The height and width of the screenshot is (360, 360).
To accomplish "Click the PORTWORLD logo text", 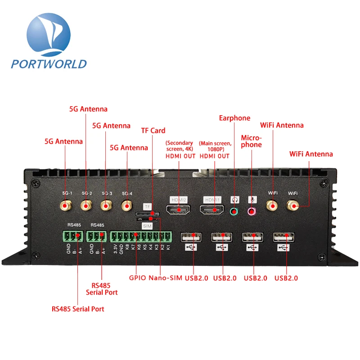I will coord(49,63).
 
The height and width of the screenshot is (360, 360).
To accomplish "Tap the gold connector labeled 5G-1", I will coord(66,206).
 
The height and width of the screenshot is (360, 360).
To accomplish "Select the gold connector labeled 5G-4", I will coord(127,206).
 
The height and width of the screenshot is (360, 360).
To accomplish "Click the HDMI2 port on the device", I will coord(178,209).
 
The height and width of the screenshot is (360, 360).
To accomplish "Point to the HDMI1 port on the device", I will coord(212,209).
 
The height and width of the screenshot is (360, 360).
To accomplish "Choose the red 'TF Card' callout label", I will coord(153,130).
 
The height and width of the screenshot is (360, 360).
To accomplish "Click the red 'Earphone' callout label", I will coord(234,118).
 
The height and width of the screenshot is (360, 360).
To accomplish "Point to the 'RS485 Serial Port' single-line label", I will coord(78,309).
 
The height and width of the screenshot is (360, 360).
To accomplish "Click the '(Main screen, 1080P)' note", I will coord(215,146).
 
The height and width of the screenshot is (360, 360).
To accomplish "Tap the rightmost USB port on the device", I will coord(283,237).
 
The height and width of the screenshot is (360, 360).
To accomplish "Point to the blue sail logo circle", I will coord(48,34).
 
